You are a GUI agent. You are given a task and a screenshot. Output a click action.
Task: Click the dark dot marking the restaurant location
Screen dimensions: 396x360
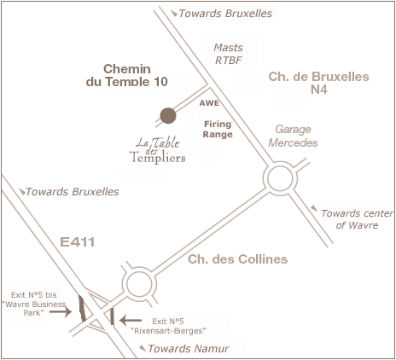coord(168,116)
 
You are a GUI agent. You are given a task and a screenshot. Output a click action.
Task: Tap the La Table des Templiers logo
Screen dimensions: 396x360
coord(158,150)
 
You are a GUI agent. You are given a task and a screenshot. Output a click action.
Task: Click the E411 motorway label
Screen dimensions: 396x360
coord(78,242)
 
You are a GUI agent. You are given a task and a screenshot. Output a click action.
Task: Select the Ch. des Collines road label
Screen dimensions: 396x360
coord(238,259)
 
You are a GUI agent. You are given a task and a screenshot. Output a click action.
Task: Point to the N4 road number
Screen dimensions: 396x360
coord(319,90)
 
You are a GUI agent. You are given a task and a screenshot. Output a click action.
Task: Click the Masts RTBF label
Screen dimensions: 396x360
coord(229,54)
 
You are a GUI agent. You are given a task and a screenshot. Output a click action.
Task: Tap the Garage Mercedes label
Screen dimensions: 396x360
coord(293,136)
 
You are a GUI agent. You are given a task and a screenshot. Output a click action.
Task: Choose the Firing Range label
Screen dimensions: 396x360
coord(218,129)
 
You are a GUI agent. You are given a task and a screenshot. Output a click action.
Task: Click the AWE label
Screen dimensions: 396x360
coord(209,103)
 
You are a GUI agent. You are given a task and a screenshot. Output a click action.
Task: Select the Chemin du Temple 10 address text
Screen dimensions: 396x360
coord(127,75)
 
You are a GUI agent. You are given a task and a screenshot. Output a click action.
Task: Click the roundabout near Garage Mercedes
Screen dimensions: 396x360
coord(280,178)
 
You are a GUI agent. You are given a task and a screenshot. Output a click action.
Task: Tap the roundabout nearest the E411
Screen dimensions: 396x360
coord(139,283)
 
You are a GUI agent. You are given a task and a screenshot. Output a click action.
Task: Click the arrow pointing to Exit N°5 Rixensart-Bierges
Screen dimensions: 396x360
coord(131,321)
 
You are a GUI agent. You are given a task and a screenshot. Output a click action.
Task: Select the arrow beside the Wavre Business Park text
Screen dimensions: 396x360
coord(61,312)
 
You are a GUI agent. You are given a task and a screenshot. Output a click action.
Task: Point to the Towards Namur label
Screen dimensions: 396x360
coord(189,348)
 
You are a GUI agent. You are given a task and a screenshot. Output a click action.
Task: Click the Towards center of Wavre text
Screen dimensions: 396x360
coord(358,219)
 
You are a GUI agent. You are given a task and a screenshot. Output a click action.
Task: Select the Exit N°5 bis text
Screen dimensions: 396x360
coord(33,295)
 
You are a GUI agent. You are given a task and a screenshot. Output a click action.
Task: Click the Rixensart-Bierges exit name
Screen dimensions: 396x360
coord(168,331)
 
